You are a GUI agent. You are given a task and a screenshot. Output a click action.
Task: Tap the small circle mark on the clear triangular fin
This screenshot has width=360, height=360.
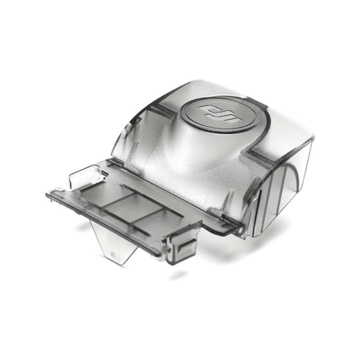coord(113,252)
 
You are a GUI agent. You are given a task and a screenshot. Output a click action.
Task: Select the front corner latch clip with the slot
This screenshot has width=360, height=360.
coord(184,246)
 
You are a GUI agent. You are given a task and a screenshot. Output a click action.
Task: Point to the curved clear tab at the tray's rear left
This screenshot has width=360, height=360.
coord(85,175)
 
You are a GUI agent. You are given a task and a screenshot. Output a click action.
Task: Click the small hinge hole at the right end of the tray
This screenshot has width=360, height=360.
coord(241,230)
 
